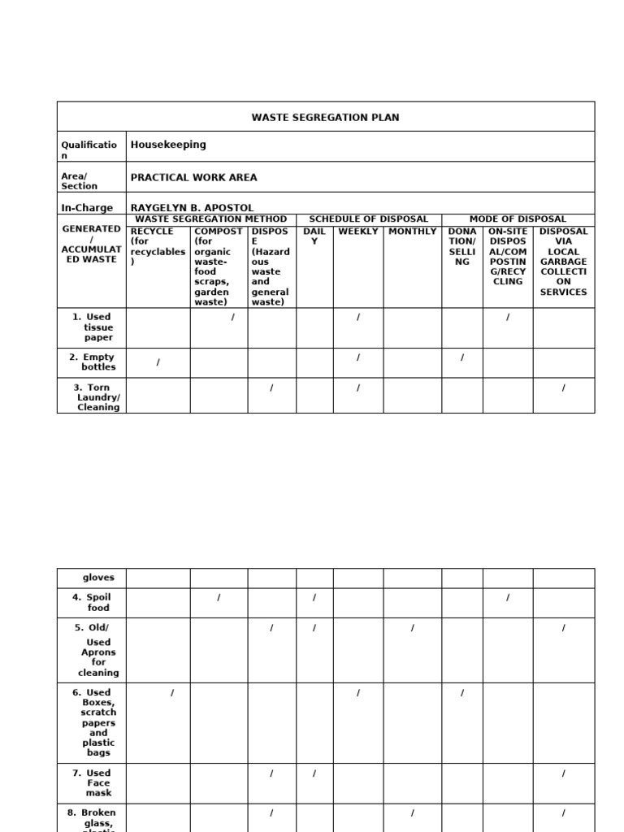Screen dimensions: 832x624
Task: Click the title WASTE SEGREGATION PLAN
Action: tap(325, 118)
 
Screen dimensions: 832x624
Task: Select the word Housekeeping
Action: tap(168, 145)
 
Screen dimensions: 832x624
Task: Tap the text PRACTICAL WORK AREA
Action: tap(193, 177)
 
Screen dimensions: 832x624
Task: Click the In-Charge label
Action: tap(87, 208)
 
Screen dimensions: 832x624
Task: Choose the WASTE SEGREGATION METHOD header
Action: tap(210, 219)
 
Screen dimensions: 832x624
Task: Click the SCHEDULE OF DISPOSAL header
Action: tap(368, 219)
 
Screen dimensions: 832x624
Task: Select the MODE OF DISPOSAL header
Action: tap(518, 219)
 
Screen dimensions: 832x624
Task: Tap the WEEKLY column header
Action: tap(357, 232)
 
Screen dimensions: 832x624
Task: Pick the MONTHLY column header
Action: tap(412, 232)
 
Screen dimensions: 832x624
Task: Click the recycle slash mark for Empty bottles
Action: tap(158, 362)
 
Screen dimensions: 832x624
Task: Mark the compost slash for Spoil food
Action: tap(219, 598)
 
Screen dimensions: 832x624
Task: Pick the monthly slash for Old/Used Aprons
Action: tap(413, 628)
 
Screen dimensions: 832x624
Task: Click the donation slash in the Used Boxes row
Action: tap(462, 693)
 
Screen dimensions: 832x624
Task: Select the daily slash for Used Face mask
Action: tap(314, 773)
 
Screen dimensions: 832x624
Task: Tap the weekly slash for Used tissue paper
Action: tap(357, 318)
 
